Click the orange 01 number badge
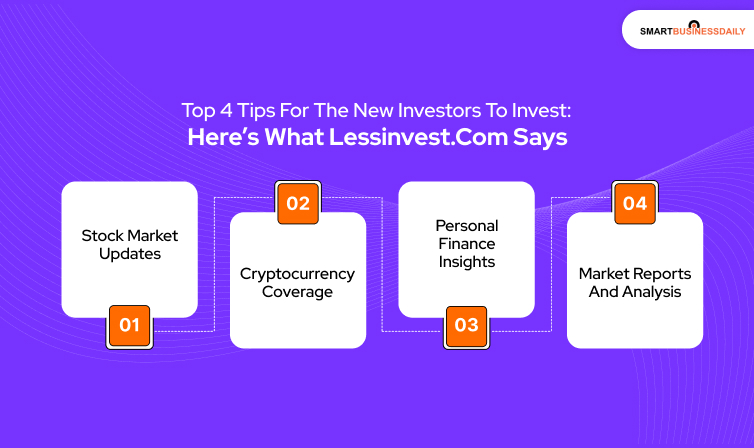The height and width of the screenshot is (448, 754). [129, 326]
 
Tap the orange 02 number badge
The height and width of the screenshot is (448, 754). [298, 204]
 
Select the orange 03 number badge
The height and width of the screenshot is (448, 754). [466, 326]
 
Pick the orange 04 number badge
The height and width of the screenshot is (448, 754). [635, 204]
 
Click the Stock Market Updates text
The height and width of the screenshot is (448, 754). [129, 245]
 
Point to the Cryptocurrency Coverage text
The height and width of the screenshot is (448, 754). [297, 282]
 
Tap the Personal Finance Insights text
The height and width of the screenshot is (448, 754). [466, 244]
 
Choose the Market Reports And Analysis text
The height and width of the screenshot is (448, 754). [635, 282]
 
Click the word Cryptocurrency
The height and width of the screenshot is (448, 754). [297, 272]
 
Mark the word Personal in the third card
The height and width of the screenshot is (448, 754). [466, 226]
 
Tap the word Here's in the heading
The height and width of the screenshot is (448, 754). [221, 137]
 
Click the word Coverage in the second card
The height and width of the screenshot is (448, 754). [297, 292]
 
